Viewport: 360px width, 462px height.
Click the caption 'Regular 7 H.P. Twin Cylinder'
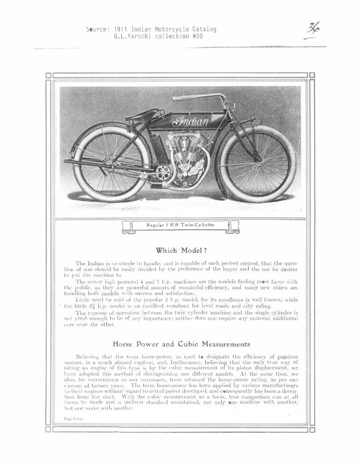pyautogui.click(x=180, y=226)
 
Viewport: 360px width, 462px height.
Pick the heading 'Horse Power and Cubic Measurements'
pyautogui.click(x=181, y=344)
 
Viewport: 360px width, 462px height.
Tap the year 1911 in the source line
pyautogui.click(x=121, y=29)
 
